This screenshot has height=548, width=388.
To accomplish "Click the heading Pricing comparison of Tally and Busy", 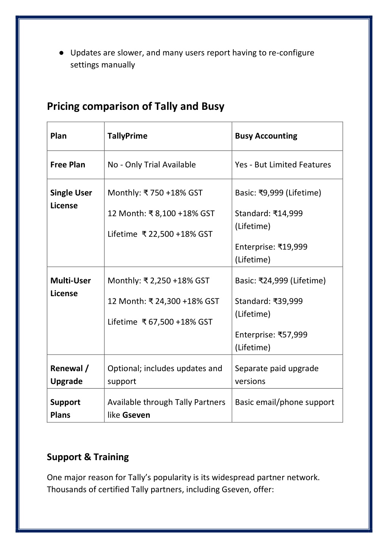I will coord(135,106).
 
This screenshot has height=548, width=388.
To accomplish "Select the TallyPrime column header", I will coord(127,136).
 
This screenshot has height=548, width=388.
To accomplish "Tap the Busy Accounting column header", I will coord(266,136).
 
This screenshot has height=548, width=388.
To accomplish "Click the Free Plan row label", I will coord(68,165).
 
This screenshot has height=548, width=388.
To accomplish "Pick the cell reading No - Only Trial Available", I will coord(152,165).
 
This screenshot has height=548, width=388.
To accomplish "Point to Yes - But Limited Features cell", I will coord(283,165).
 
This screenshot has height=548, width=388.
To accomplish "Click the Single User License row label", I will coord(71,199).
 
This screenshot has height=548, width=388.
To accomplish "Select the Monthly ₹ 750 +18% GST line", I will coord(155,193).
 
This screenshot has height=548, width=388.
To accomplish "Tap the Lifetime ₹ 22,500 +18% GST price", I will coord(160,234).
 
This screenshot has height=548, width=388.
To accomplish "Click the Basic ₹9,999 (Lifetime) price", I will coord(278,193).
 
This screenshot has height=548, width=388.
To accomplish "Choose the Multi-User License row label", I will coord(70,287).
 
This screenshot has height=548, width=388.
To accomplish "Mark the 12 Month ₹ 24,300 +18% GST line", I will coord(163,301).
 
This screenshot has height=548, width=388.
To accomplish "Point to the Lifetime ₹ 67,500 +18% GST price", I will coord(160,322).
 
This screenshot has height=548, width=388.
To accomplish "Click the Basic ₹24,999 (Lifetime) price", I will coord(280,281).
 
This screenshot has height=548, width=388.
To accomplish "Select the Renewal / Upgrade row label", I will coord(69,375).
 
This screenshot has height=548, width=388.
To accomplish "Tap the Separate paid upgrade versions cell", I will coord(277,375).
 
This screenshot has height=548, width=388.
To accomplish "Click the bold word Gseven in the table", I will coord(136,415).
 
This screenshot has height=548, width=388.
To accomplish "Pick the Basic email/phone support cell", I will coord(285,402).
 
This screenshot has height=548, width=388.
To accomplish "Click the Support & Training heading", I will coord(88,457).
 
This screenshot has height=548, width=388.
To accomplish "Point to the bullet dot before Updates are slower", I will coord(61,53).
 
